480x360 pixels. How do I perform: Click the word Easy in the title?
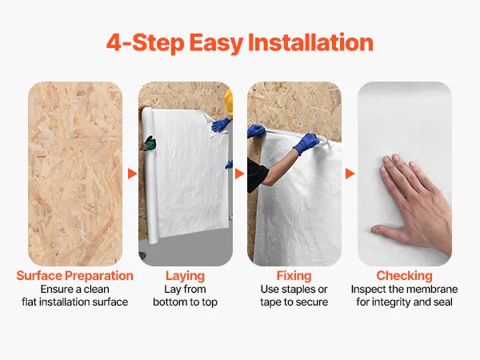tap(216, 43)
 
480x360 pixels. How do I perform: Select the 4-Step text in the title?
tap(145, 42)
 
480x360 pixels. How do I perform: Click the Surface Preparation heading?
tap(74, 275)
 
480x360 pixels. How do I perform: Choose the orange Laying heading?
tap(186, 276)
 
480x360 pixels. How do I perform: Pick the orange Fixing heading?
tap(294, 276)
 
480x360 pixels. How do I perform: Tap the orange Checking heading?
tap(404, 276)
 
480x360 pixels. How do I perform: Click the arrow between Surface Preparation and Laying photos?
tap(132, 174)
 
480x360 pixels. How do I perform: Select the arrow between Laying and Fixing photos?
tap(239, 174)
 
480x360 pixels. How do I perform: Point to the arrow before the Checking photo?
tap(350, 174)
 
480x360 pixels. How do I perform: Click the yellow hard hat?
tap(229, 102)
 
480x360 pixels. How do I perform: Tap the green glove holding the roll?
tap(150, 143)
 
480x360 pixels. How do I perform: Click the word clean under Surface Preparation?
tap(97, 290)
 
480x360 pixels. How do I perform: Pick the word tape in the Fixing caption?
tap(271, 302)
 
